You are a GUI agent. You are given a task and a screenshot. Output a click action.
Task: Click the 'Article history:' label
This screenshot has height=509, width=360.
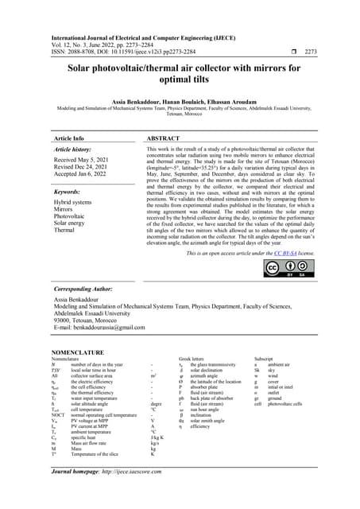click(77, 150)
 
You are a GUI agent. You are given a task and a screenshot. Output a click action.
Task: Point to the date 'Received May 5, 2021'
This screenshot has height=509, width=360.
click(87, 160)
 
